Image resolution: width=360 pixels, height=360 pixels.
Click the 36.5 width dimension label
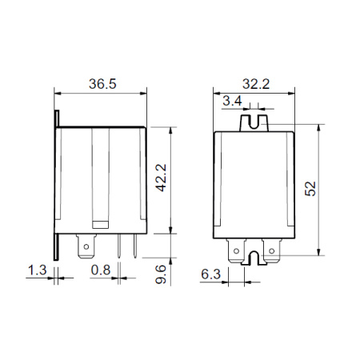(x=102, y=84)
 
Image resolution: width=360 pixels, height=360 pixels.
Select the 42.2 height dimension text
(x=161, y=178)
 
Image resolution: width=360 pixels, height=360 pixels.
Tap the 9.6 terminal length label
(x=161, y=274)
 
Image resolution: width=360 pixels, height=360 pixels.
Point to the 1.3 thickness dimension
(x=38, y=270)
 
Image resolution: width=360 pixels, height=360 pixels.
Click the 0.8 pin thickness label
(x=101, y=270)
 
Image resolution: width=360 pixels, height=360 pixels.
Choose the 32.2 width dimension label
(x=256, y=84)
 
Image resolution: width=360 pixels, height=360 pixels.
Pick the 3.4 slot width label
(x=232, y=101)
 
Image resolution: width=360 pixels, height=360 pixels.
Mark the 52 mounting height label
(x=310, y=189)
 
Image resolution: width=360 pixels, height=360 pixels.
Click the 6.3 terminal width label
(x=210, y=274)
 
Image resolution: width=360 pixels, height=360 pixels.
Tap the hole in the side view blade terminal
(x=86, y=246)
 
